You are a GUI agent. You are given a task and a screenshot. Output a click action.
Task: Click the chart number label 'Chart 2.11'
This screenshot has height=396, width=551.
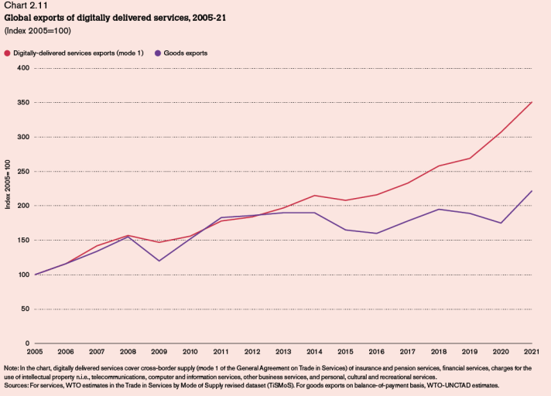(25, 7)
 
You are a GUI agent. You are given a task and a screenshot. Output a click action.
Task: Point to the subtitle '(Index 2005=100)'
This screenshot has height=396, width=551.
(33, 30)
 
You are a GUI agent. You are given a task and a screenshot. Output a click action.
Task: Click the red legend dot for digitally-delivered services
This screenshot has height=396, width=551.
(7, 53)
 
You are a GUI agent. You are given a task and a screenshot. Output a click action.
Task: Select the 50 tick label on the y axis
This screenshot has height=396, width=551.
(24, 309)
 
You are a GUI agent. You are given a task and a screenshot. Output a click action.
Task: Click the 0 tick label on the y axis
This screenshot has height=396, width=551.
(26, 343)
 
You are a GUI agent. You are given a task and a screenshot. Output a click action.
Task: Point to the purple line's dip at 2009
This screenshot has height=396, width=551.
(159, 261)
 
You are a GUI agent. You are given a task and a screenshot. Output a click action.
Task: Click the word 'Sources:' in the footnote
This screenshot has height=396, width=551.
(16, 384)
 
